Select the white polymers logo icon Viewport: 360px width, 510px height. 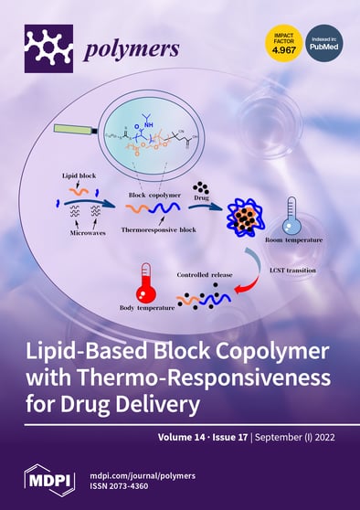[48, 48]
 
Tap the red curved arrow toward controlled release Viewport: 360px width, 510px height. [241, 291]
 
